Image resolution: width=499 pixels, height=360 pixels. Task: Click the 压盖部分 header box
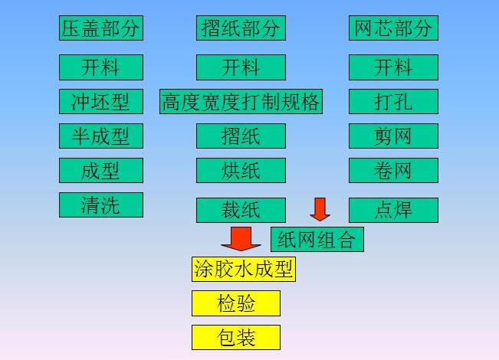coord(101,28)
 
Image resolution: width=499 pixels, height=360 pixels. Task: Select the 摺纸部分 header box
coord(241,28)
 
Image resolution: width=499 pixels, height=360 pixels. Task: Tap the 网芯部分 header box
coord(393,28)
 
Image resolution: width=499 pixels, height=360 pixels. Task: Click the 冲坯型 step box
coord(101,101)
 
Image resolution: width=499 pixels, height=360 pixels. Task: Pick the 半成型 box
coord(101,136)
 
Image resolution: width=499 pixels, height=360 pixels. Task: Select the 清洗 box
coord(101,205)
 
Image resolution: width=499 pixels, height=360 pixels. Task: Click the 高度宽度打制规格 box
coord(241,101)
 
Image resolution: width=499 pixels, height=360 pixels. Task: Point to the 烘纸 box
coord(241,170)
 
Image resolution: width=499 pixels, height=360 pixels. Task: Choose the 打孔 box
coord(393,101)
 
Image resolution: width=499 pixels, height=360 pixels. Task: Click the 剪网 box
coord(393,136)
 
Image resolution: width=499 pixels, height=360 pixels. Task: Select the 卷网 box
coord(393,170)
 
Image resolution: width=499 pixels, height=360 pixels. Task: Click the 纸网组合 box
coord(317,239)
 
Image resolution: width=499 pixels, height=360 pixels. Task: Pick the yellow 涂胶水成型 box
coord(243,269)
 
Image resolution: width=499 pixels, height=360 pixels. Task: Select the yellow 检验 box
coord(236,303)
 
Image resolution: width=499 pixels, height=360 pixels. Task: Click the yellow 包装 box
coord(236,338)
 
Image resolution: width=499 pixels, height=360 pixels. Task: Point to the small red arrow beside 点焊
coord(320,208)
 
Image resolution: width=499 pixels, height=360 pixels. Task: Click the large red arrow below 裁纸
coord(241,238)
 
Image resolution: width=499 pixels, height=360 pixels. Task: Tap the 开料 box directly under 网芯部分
coord(393,67)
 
